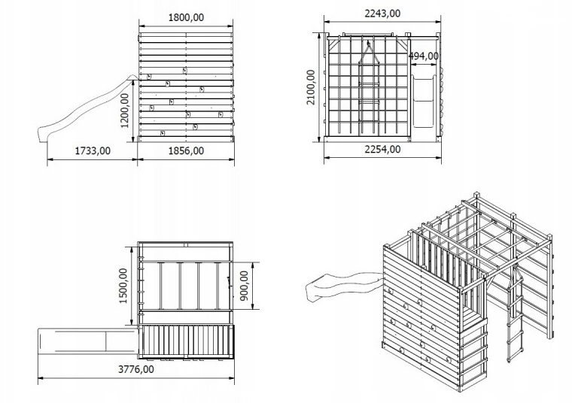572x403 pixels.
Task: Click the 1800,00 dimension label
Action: coord(186,17)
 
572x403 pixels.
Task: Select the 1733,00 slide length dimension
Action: coord(93,150)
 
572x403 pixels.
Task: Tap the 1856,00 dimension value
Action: coord(186,150)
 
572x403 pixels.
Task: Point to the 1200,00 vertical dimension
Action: coord(125,111)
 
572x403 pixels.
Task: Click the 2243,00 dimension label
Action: coord(382,13)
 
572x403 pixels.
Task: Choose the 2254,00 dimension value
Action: coord(382,149)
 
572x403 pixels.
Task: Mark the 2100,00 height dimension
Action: coord(310,87)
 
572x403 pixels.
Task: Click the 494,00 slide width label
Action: coord(423,56)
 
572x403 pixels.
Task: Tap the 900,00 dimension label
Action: coord(244,286)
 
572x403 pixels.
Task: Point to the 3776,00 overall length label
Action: coord(136,369)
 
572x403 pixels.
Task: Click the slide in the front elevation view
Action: coord(424,101)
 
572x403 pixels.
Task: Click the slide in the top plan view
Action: coord(87,341)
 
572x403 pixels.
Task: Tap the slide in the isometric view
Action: coord(343,285)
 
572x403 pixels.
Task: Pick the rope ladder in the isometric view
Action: coord(514,314)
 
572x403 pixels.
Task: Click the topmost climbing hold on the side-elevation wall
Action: coord(185,71)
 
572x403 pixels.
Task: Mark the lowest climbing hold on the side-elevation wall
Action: coord(163,133)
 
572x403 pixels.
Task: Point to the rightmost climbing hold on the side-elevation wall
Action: coord(221,115)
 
